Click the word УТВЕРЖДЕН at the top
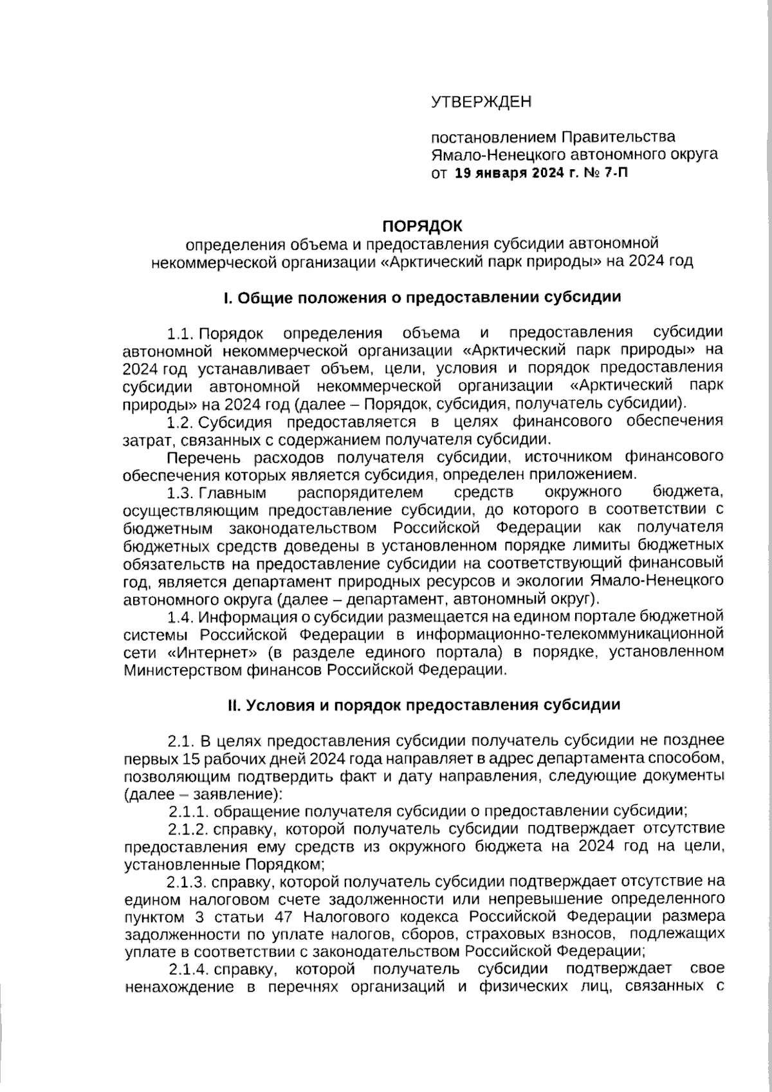point(481,102)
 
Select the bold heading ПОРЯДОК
point(422,226)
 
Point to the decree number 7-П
point(614,174)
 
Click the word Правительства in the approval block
point(619,137)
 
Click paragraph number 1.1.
point(181,333)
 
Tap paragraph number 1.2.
point(181,422)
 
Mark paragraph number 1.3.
point(181,493)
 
